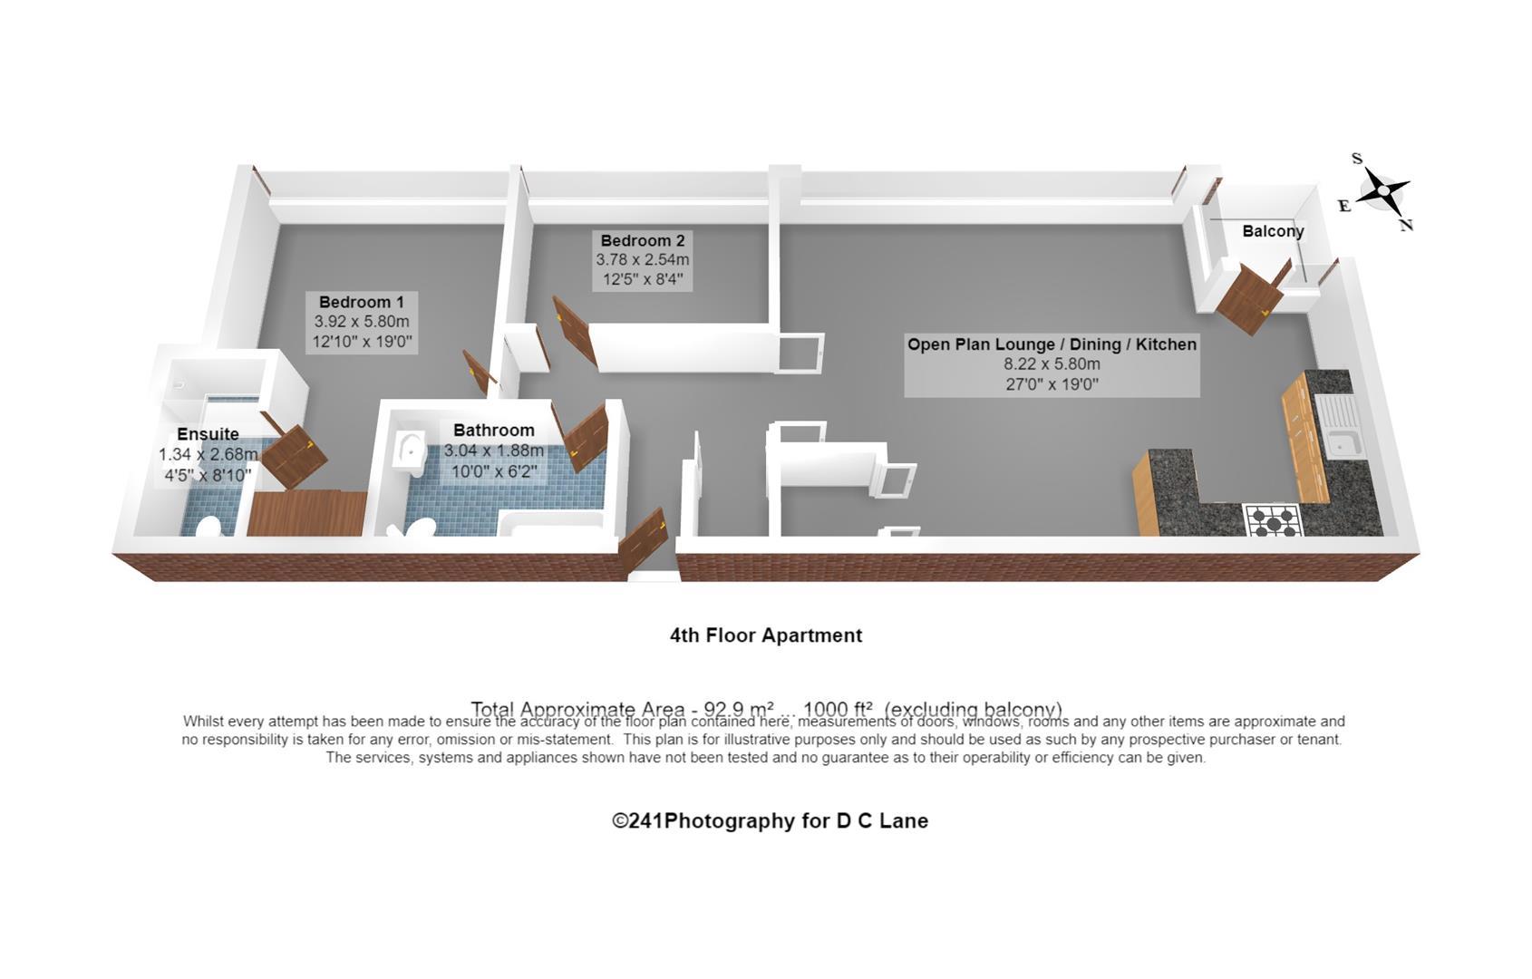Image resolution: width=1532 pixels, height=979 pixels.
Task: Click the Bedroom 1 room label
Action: [361, 302]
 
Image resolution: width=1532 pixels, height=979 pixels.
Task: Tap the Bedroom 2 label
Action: [643, 240]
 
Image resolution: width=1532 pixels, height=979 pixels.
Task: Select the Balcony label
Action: [1273, 231]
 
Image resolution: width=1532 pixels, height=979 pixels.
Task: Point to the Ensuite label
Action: [208, 434]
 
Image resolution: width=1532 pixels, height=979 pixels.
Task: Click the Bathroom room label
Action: [494, 431]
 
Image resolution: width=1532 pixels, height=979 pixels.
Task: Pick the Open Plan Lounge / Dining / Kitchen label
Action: [1052, 344]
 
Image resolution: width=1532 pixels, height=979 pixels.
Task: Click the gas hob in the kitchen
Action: [1273, 520]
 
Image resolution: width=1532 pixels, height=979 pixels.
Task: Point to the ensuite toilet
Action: [208, 527]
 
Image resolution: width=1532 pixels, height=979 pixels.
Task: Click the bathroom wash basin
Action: [411, 450]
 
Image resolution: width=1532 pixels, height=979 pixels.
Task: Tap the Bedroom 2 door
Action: [574, 330]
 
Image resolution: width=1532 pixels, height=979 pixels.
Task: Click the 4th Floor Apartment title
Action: [766, 635]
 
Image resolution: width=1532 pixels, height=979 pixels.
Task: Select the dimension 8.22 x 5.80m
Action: [1052, 364]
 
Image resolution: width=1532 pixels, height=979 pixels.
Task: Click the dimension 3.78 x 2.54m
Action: [643, 260]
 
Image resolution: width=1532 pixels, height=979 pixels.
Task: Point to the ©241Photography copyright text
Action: [770, 821]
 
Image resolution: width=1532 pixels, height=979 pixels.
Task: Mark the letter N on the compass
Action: [1406, 226]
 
